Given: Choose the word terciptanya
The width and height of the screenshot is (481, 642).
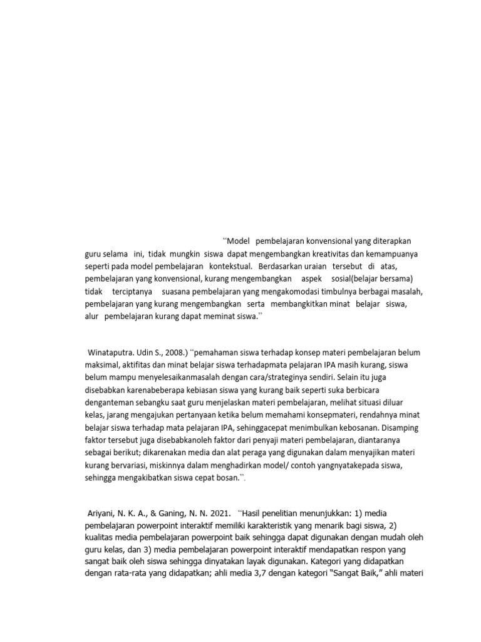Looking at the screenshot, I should coord(132,292).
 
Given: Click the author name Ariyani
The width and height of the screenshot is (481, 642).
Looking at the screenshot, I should coord(103,513).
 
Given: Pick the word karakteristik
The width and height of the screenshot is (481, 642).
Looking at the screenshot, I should coord(272,526).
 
